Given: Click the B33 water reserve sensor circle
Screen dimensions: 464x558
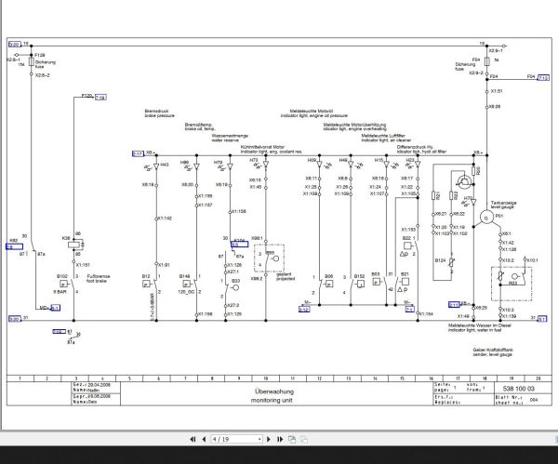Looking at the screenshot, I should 236,283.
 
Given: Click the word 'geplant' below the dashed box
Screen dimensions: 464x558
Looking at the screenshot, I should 275,275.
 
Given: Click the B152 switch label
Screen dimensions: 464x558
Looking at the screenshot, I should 360,276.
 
